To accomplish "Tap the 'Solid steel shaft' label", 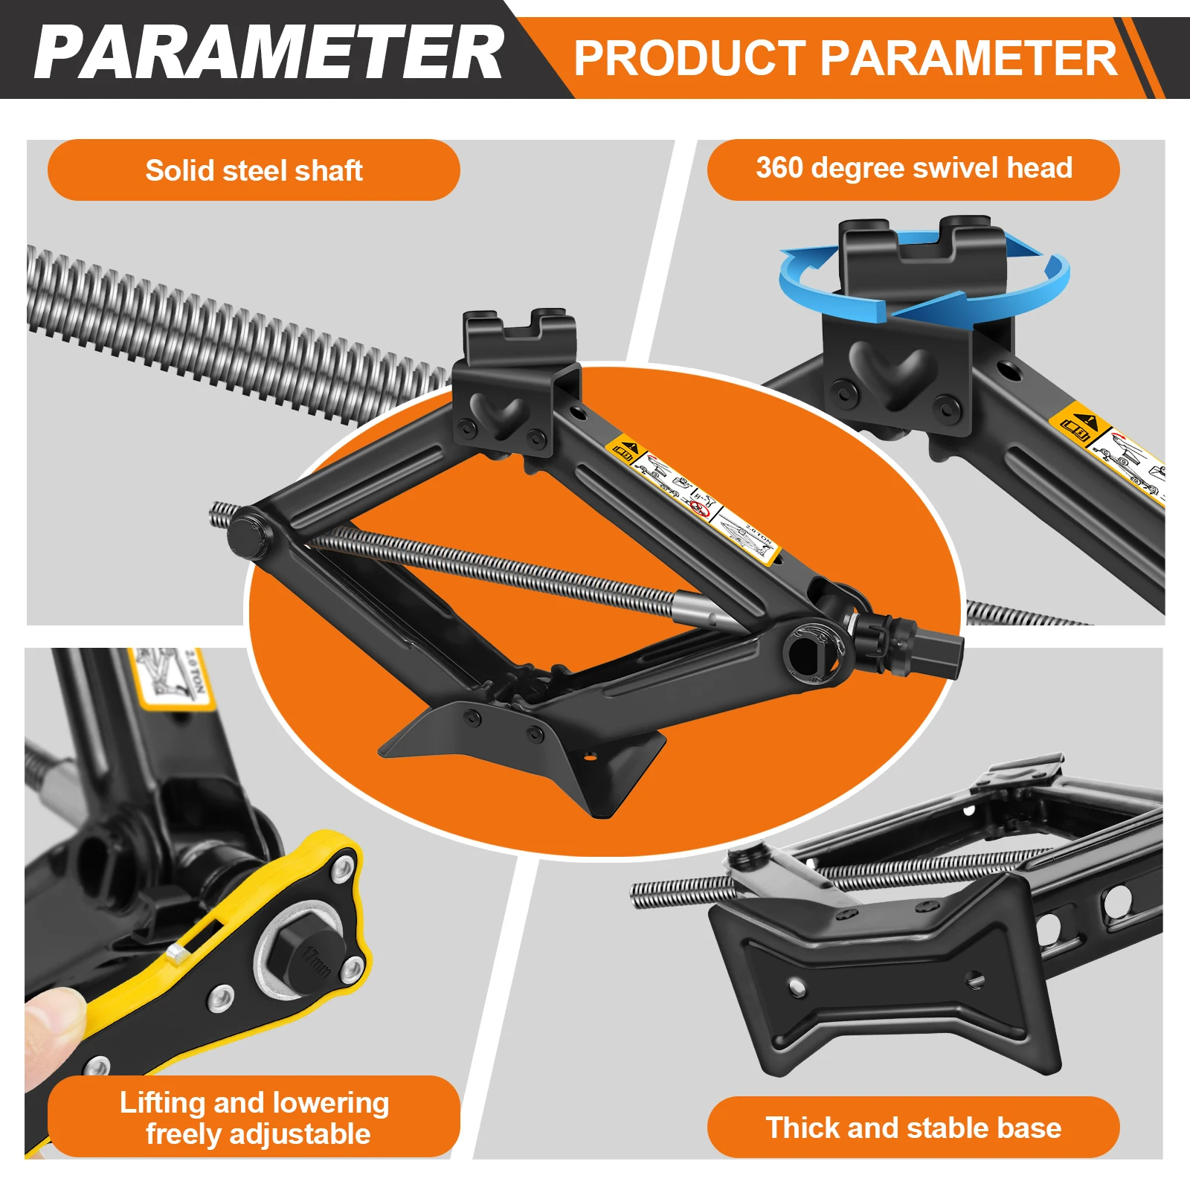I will coord(254,170).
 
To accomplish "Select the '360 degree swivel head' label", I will coord(913,168).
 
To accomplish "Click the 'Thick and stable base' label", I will coord(913,1128).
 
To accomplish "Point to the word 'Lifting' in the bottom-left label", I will coord(164,1102).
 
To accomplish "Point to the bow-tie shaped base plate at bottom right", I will coord(885,974).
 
